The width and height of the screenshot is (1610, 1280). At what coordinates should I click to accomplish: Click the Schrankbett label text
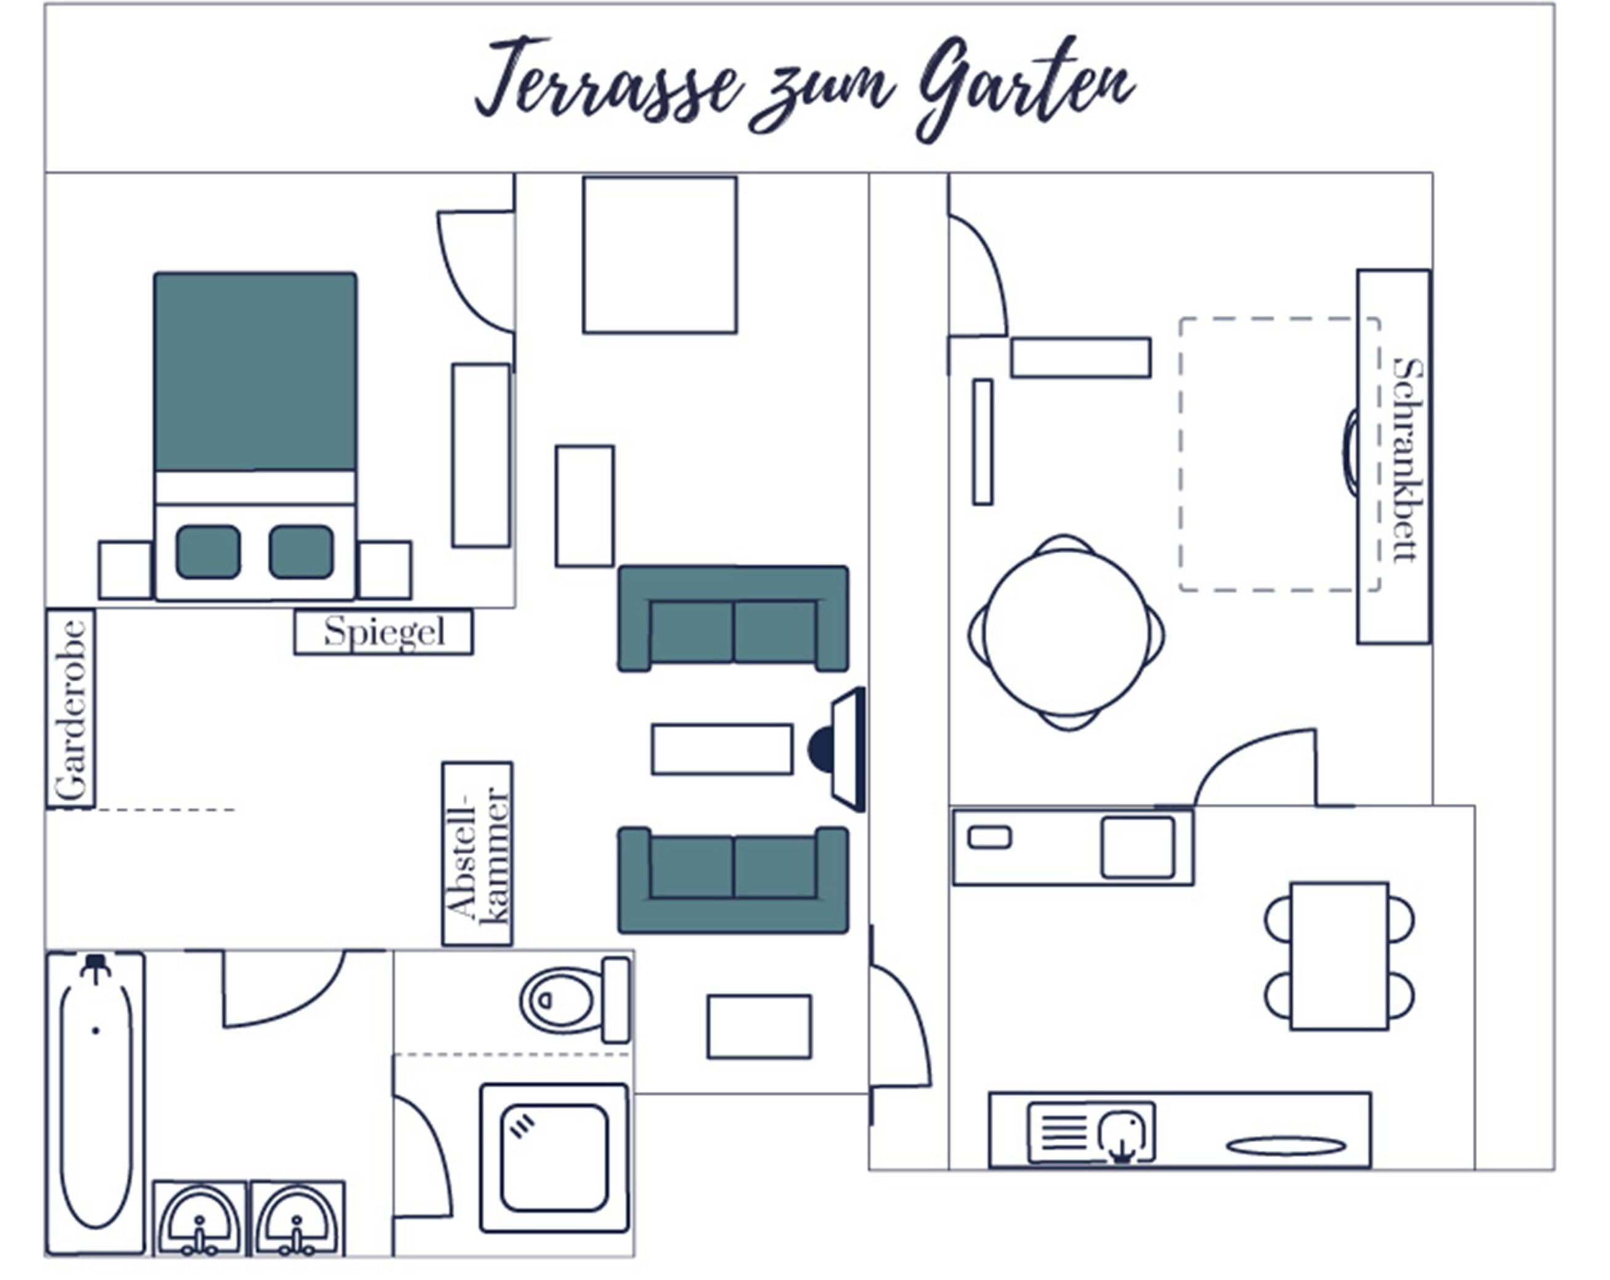pyautogui.click(x=1408, y=459)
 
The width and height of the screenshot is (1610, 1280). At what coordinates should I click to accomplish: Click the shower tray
pyautogui.click(x=554, y=1158)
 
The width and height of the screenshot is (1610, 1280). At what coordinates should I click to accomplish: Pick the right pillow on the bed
pyautogui.click(x=302, y=552)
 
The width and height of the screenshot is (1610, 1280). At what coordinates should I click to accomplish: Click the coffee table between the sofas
pyautogui.click(x=722, y=749)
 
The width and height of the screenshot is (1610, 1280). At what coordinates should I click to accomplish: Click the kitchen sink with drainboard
pyautogui.click(x=1091, y=1133)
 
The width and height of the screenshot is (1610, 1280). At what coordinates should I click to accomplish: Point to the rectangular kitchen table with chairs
pyautogui.click(x=1339, y=956)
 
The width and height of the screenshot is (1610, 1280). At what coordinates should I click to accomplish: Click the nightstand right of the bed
pyautogui.click(x=385, y=570)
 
